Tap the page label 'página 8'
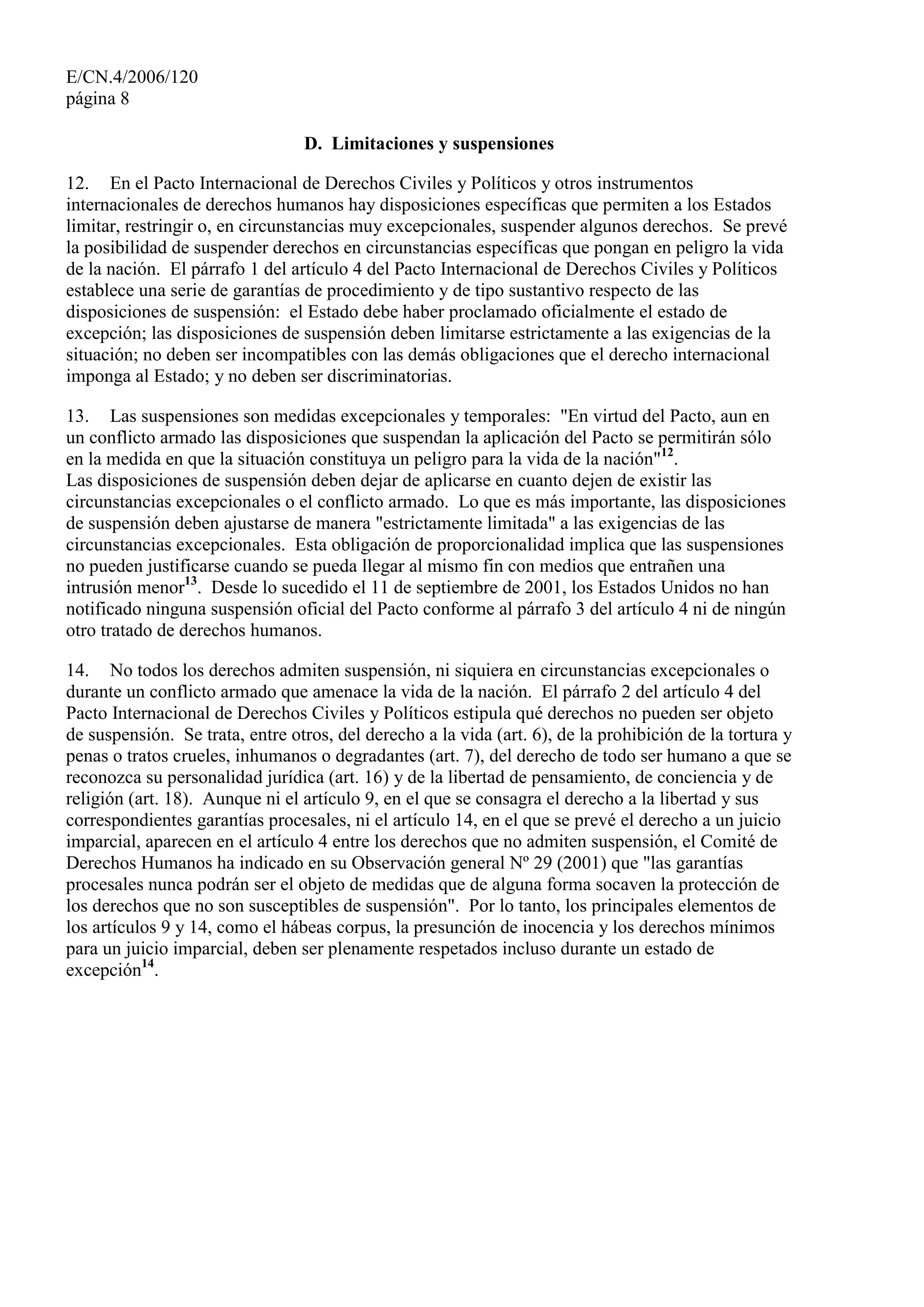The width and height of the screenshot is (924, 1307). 97,99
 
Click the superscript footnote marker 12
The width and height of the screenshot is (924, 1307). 667,453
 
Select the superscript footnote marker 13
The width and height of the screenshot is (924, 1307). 191,581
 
